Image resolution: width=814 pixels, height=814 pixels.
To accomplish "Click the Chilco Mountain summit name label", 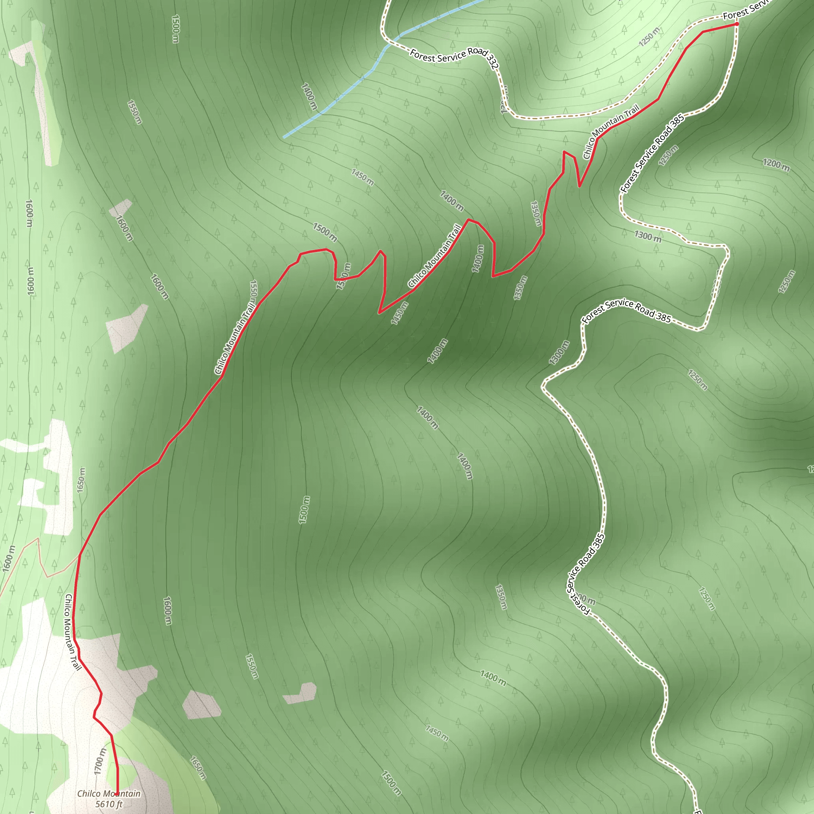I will (x=109, y=793).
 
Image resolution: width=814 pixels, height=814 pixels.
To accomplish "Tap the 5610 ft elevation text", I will (x=109, y=804).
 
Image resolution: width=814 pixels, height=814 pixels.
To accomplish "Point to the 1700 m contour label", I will (x=99, y=761).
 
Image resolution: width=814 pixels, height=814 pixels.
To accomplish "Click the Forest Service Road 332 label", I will (x=454, y=58).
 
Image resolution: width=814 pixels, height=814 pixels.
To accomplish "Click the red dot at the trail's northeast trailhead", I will (x=736, y=24).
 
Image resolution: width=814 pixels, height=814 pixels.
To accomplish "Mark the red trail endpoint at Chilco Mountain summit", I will (x=117, y=794).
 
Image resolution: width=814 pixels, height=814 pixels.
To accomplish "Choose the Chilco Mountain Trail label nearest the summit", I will (x=72, y=632).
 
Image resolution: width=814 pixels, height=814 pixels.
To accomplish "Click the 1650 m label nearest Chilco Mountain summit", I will (x=198, y=767).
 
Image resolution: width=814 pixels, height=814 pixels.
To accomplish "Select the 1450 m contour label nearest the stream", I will (x=362, y=176).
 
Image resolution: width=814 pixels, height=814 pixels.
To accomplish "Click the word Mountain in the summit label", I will (x=119, y=793).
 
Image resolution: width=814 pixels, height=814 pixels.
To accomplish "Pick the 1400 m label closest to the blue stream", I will (x=309, y=97).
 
